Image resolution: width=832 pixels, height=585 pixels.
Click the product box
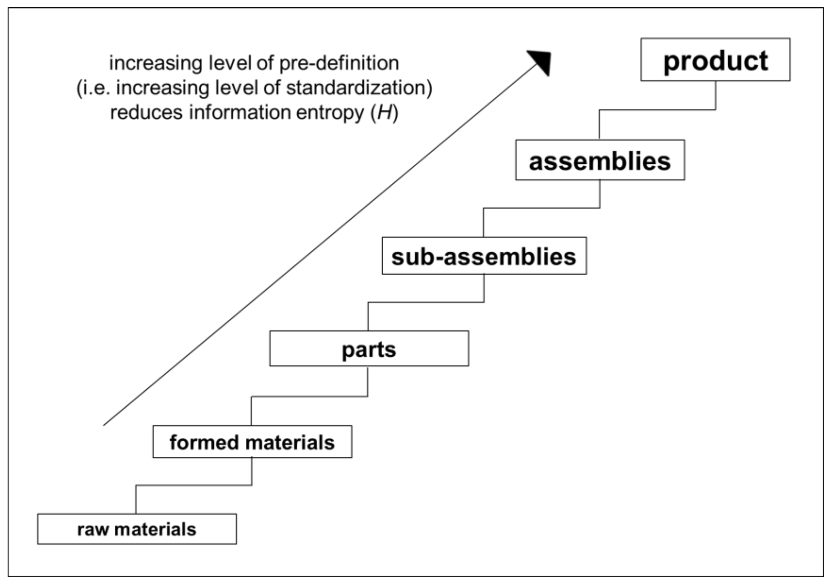[715, 60]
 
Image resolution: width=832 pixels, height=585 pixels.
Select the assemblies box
[600, 160]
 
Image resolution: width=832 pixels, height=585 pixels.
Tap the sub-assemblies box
[484, 256]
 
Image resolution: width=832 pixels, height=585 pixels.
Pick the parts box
[369, 348]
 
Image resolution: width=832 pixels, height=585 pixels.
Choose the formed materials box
[252, 442]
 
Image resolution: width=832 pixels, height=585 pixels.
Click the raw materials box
[137, 529]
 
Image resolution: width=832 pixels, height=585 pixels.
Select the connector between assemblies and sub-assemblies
[541, 208]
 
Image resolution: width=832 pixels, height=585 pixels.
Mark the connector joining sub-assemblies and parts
[426, 302]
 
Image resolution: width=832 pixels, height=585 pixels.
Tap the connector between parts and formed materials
[309, 396]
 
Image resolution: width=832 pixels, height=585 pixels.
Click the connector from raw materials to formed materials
[194, 485]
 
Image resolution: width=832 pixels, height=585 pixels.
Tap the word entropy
[330, 113]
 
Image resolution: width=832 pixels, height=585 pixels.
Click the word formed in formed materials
[204, 443]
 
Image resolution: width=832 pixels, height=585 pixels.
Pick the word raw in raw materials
[93, 530]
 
